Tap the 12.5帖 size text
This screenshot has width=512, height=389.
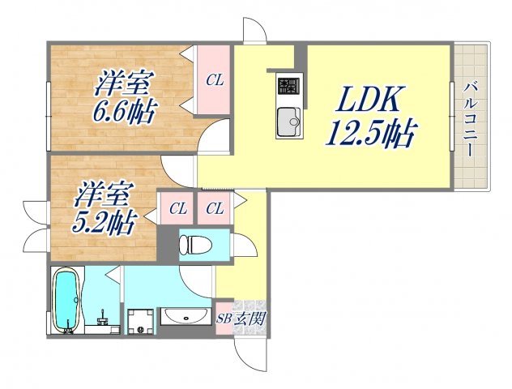tap(369, 131)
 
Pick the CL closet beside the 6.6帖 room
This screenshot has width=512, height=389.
tap(215, 79)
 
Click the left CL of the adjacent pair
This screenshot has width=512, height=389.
tap(177, 209)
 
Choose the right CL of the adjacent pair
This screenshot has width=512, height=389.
tap(214, 209)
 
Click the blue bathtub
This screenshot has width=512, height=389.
tap(66, 300)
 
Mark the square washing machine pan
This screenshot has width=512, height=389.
tap(140, 320)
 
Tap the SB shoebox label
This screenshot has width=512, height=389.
tap(224, 318)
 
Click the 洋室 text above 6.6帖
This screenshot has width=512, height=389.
tap(126, 81)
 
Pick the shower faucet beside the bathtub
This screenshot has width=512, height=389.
tap(103, 316)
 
